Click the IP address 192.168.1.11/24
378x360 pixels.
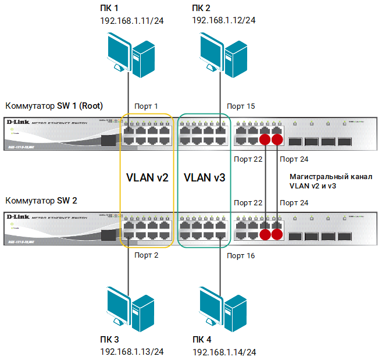132,21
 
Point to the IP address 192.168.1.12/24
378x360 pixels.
224,21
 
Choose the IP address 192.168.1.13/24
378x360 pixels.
132,352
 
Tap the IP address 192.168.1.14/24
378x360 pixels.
224,352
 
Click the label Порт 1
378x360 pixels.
147,106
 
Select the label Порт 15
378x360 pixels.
241,106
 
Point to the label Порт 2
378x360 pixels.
147,255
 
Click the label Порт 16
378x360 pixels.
241,255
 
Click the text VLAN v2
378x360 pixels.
147,177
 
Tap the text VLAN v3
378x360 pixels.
204,177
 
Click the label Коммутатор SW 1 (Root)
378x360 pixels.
54,106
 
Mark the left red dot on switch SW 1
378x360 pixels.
266,140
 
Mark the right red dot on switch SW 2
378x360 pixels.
277,234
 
